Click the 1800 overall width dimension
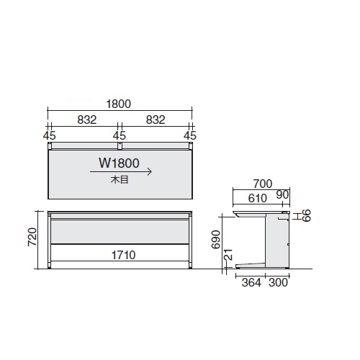(x=119, y=104)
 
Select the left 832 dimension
(x=87, y=120)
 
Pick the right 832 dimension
(x=156, y=120)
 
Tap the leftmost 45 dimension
(x=50, y=135)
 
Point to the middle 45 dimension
(x=120, y=135)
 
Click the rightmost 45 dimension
(x=190, y=135)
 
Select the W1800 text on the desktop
(x=119, y=163)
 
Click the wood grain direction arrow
(x=121, y=172)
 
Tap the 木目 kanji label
(x=120, y=179)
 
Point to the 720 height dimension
(x=32, y=237)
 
